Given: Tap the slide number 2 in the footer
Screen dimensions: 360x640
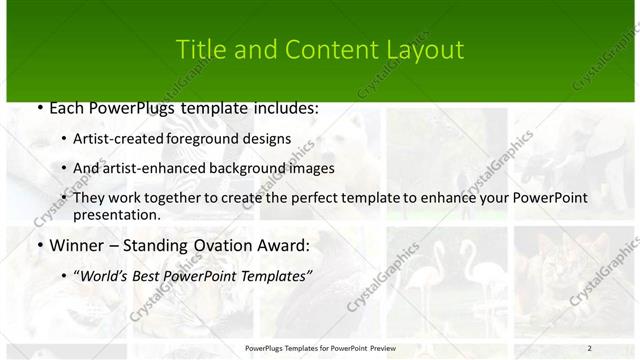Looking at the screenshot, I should point(589,348).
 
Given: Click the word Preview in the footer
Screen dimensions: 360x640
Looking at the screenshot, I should point(379,348).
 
